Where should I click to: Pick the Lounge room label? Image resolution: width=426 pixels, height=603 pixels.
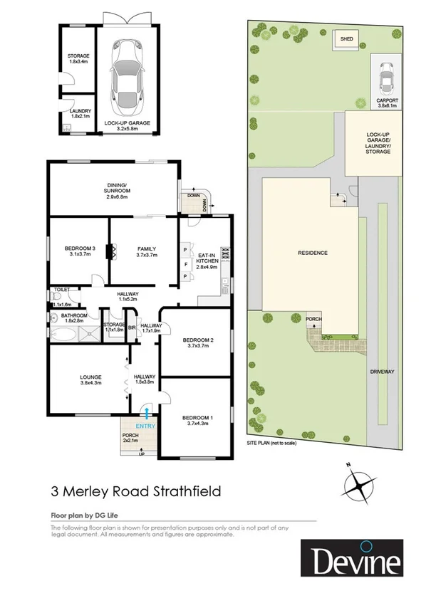coord(90,379)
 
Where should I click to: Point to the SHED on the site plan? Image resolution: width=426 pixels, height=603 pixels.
coord(347,39)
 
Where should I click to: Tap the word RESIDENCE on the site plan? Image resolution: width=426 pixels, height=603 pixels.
coord(311,253)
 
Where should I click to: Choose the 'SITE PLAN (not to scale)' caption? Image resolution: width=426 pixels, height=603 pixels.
coord(271,443)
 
